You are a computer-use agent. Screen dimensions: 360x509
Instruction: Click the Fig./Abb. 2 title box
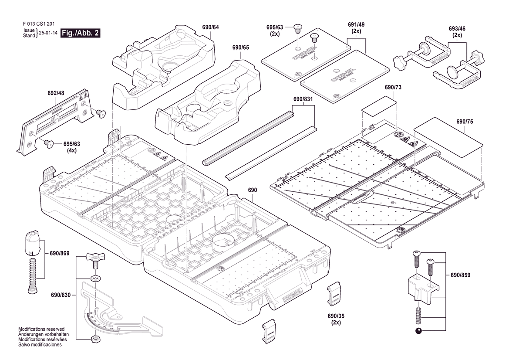pos(81,33)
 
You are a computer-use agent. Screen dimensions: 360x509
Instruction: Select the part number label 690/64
pos(210,27)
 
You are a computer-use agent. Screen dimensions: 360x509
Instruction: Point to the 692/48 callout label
pos(56,93)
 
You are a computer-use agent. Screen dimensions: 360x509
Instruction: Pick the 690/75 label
pos(465,122)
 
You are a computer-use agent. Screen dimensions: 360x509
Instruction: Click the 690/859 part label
pos(460,275)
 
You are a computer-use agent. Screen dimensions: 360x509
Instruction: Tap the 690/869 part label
pos(60,253)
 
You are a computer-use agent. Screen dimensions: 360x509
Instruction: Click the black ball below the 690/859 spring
pos(418,330)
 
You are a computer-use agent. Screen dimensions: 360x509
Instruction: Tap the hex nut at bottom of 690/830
pos(94,338)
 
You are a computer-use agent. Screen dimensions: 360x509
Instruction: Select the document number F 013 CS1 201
pos(38,24)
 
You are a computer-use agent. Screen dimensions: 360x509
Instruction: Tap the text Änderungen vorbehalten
pos(41,334)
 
